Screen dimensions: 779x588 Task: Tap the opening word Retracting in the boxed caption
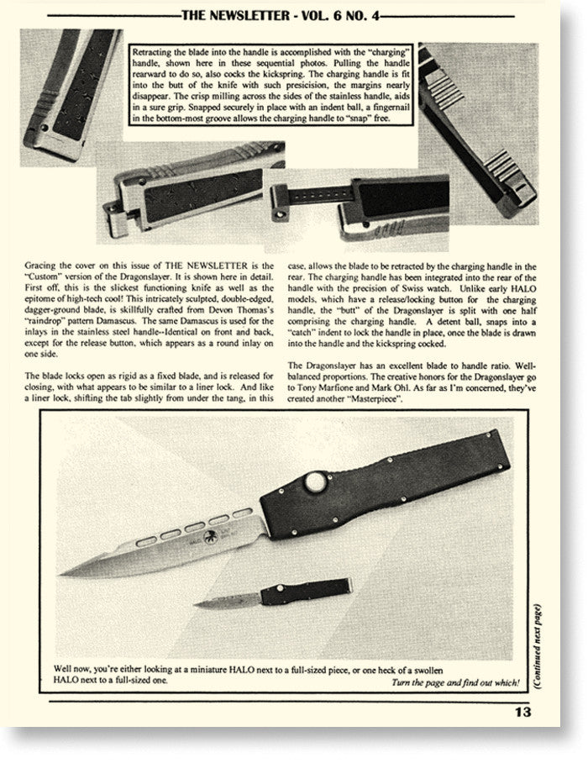153,52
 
